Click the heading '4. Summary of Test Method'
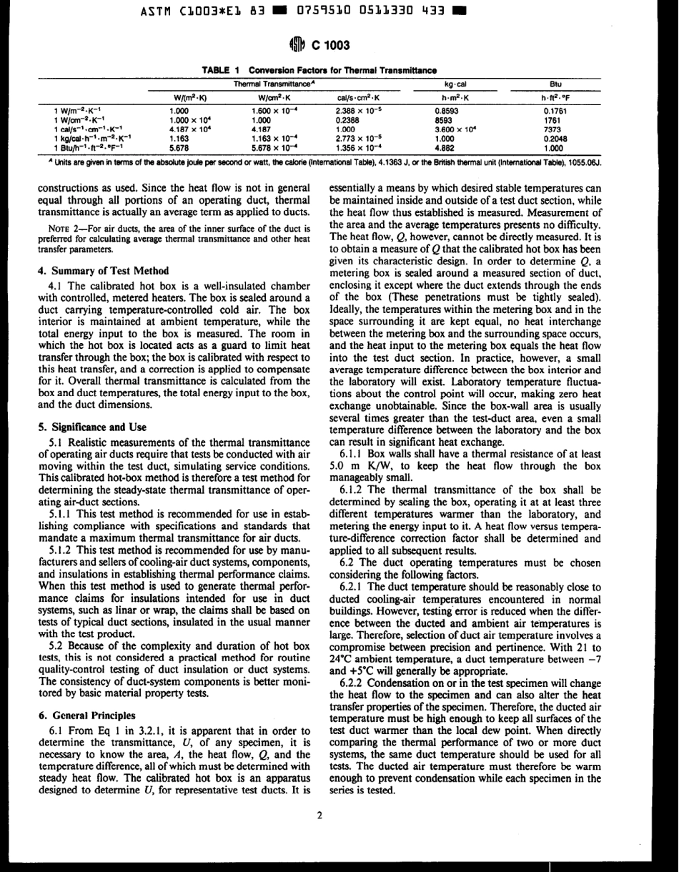coord(101,271)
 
